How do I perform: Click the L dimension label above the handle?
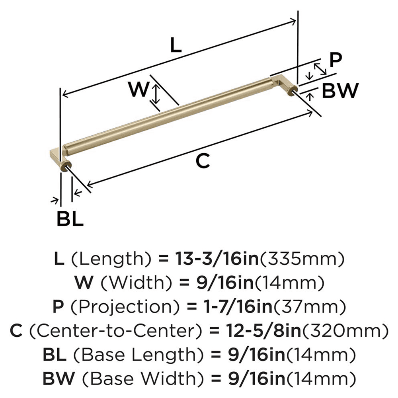(x=176, y=46)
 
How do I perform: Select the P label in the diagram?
(x=336, y=60)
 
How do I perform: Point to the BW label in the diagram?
(x=340, y=91)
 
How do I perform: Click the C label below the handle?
(x=203, y=161)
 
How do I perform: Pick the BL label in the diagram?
(x=70, y=219)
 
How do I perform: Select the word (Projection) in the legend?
(x=109, y=307)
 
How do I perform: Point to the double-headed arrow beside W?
(x=156, y=94)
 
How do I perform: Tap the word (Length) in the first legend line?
(x=112, y=260)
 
